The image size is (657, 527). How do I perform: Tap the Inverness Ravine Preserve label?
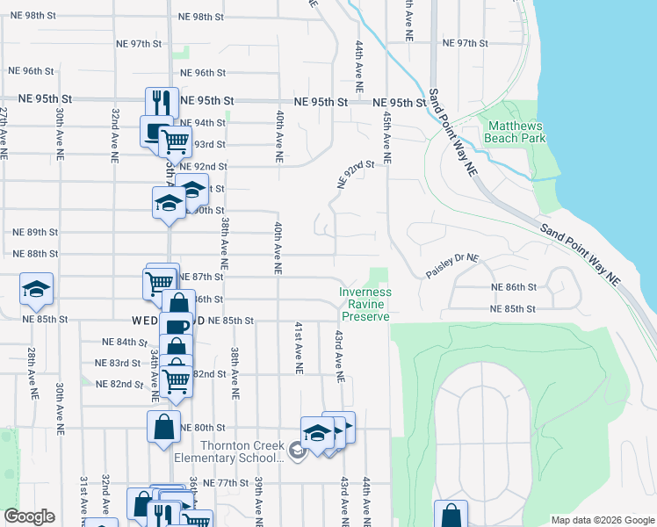click(366, 304)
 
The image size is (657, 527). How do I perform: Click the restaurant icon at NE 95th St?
click(162, 102)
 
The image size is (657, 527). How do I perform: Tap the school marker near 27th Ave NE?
click(37, 288)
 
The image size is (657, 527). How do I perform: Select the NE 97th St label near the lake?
click(465, 43)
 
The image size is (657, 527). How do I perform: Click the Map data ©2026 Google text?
click(603, 520)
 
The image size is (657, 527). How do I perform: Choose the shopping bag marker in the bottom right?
click(451, 516)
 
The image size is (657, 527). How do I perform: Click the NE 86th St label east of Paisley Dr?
click(514, 287)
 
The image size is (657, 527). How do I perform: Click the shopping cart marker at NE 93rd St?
click(176, 140)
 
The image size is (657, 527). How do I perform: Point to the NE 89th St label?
click(35, 232)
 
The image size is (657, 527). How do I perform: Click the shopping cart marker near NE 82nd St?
click(177, 380)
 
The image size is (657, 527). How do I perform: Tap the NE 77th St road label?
click(227, 483)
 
